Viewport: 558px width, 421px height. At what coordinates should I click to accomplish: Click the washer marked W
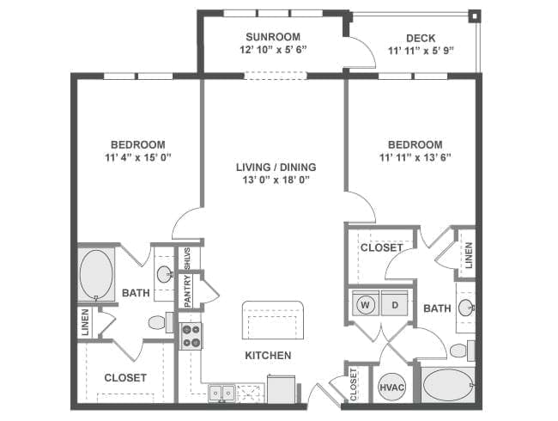point(365,303)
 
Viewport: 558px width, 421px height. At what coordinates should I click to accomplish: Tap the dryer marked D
point(395,303)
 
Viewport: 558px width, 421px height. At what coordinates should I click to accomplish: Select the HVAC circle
point(391,387)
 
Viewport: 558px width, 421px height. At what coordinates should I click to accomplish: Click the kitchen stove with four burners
point(191,336)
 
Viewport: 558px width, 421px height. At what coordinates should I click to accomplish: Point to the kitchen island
point(273,320)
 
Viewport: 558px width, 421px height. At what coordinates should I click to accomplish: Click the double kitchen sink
point(221,394)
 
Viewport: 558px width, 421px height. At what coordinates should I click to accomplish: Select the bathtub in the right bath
point(448,385)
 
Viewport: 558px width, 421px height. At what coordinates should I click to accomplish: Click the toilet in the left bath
point(161,322)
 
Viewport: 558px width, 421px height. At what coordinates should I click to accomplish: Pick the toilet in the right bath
point(462,351)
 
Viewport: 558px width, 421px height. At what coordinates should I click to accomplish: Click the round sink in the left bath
point(165,274)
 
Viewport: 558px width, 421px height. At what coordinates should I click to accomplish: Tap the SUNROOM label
point(273,37)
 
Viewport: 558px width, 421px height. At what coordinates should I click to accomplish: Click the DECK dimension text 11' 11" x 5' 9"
point(421,51)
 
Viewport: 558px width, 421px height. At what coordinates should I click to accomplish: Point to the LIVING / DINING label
point(276,167)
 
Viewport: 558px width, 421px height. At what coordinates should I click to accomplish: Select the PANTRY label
point(188,291)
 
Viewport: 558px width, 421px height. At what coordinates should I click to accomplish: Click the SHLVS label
point(187,259)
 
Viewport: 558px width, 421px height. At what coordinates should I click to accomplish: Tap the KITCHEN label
point(268,355)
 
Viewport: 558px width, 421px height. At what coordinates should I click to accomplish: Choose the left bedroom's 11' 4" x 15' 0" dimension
point(138,157)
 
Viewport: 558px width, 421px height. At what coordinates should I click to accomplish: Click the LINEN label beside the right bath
point(469,255)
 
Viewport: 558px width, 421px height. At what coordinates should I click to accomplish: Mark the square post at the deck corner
point(475,16)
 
